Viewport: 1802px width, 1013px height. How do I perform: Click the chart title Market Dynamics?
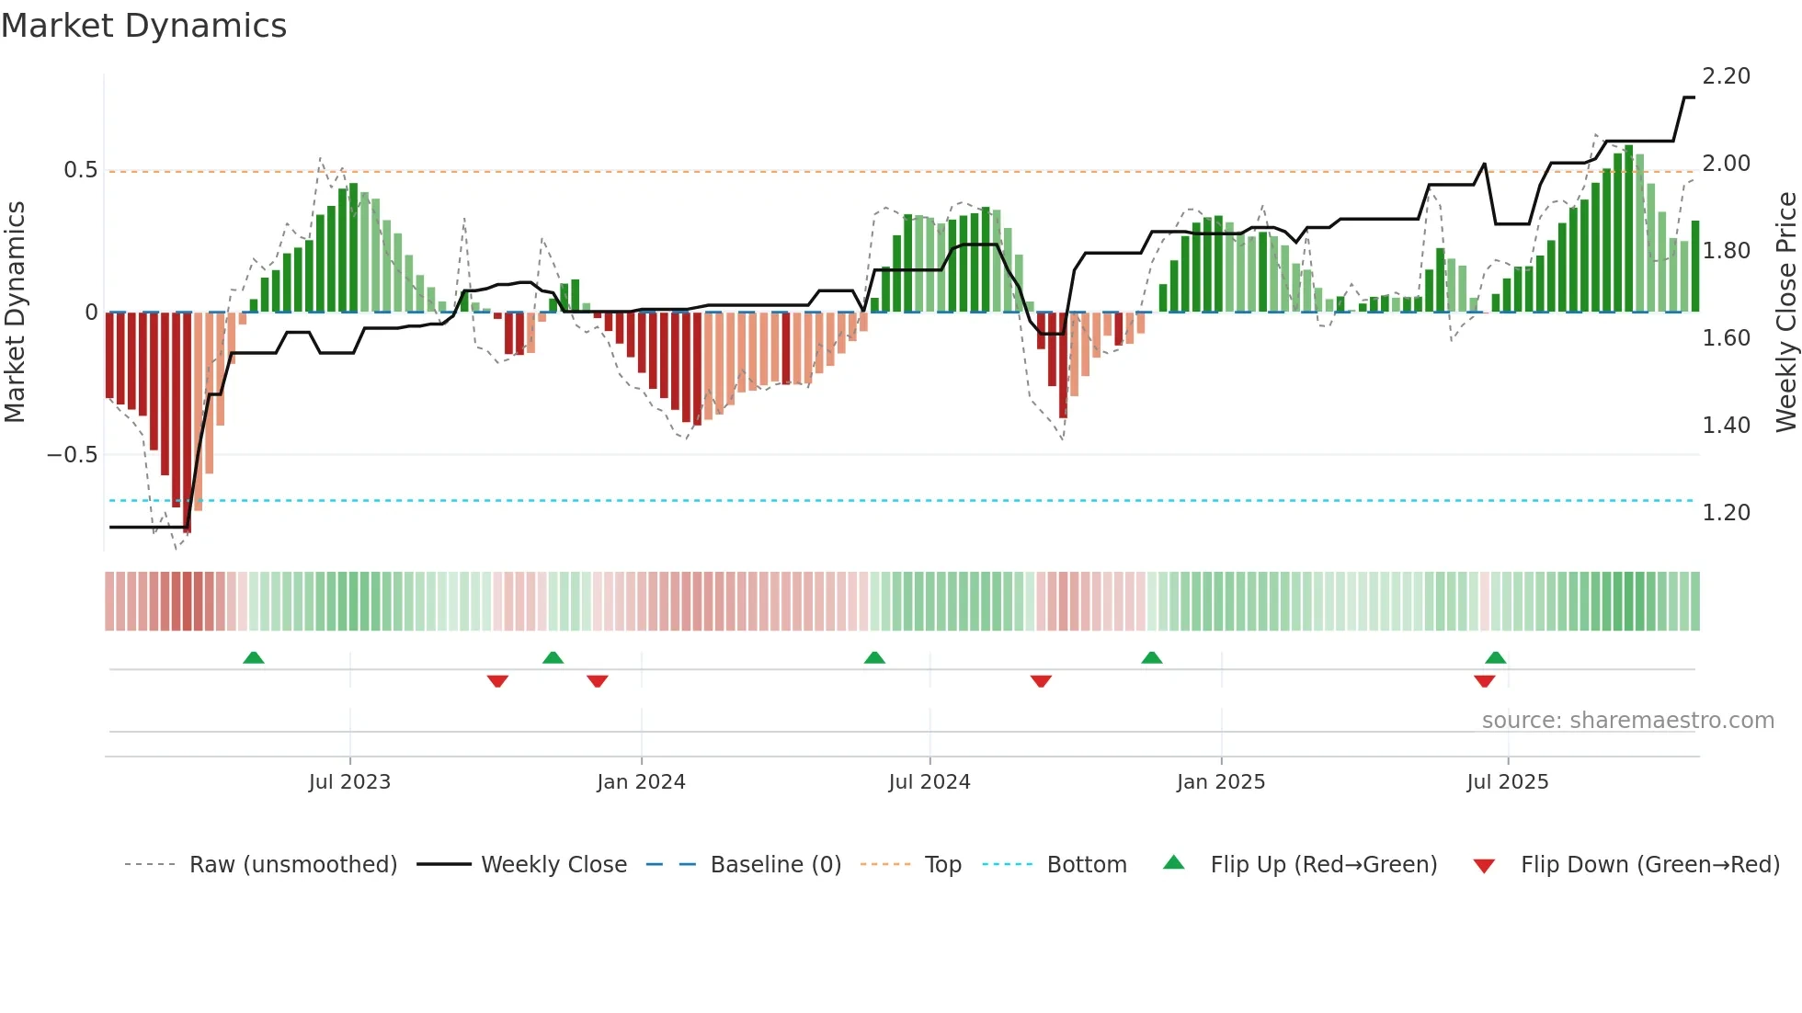pos(143,26)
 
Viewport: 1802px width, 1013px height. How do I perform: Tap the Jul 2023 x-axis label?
pos(349,782)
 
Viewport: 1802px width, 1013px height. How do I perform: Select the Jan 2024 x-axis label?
pos(641,782)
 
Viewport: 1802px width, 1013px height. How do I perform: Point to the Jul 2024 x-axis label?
pos(930,782)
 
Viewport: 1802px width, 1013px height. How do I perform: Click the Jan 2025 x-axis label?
pos(1221,782)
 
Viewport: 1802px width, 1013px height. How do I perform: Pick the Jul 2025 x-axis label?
pos(1508,782)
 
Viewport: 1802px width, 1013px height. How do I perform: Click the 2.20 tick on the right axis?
pos(1726,76)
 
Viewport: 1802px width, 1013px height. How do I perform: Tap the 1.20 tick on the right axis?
pos(1726,513)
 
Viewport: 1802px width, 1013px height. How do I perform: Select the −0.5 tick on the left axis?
pos(72,455)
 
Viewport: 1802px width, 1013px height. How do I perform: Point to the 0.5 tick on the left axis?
pos(80,170)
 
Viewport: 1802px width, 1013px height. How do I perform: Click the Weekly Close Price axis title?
pos(1785,313)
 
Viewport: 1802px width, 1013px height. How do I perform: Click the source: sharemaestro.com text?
pos(1627,721)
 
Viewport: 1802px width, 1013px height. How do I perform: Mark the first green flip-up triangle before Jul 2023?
pos(254,657)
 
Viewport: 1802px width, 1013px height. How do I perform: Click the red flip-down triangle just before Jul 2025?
pos(1484,681)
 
